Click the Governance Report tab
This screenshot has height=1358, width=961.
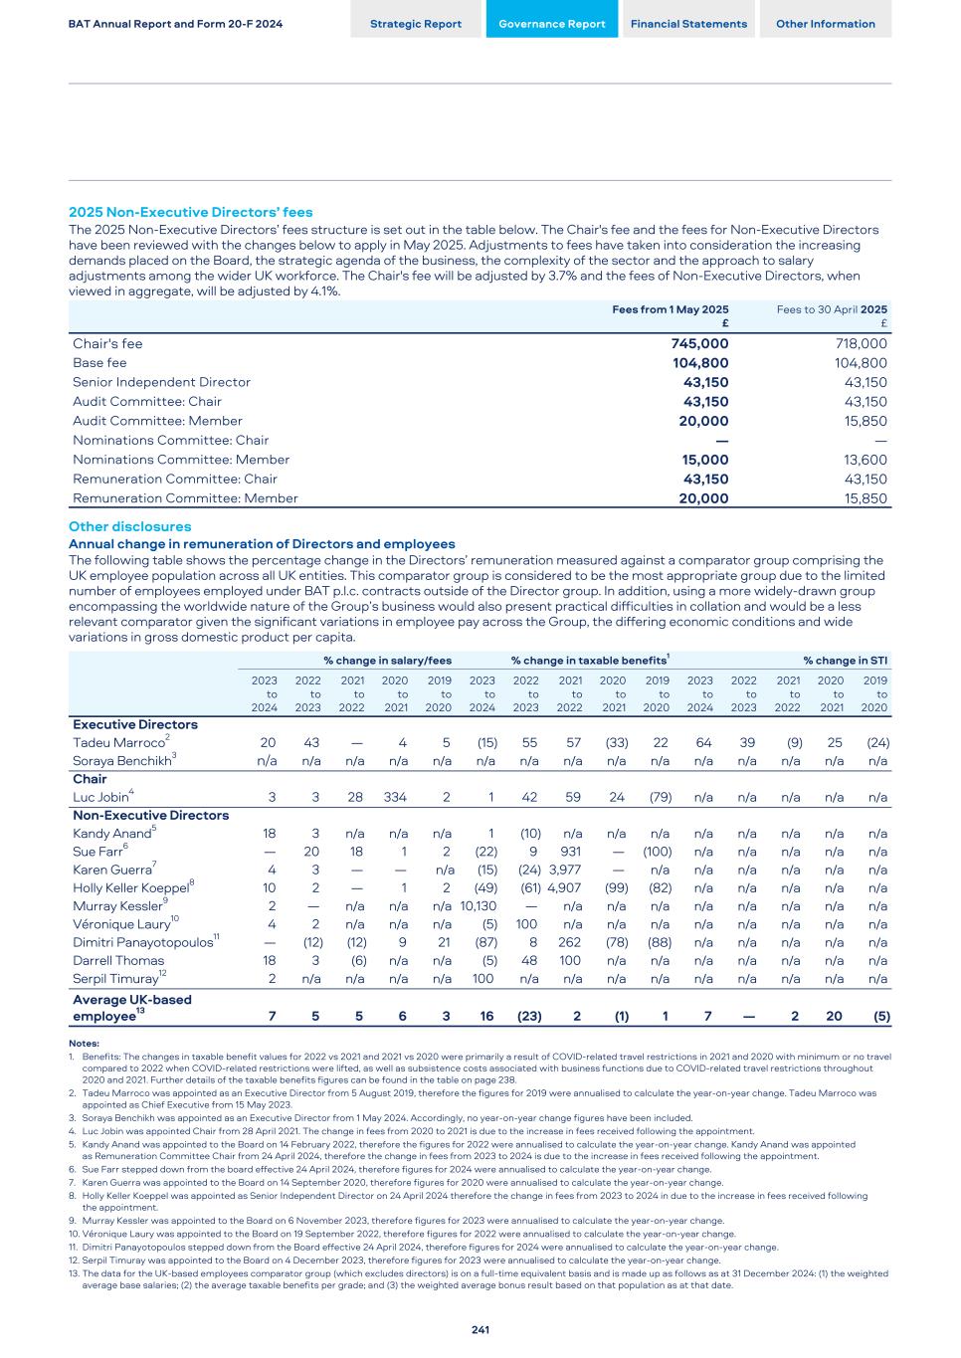click(x=551, y=24)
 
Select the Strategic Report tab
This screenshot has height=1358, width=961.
click(x=416, y=24)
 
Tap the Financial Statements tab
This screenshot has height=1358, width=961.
click(x=688, y=24)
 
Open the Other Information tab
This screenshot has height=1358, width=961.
click(x=826, y=24)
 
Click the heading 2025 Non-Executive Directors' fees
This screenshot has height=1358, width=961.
click(x=190, y=212)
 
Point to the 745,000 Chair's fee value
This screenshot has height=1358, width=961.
click(x=699, y=344)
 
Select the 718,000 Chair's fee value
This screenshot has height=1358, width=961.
click(x=861, y=344)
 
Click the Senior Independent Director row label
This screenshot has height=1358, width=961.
click(x=161, y=382)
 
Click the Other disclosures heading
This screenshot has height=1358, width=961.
click(x=129, y=526)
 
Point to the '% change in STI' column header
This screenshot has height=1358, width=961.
click(x=846, y=661)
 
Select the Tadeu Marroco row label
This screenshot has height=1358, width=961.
click(x=118, y=743)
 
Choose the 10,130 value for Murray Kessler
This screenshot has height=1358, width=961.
click(x=479, y=906)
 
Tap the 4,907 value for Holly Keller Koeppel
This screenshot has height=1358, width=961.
click(x=564, y=888)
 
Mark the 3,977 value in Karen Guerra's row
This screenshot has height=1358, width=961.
click(x=564, y=870)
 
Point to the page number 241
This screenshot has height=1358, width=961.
click(x=480, y=1329)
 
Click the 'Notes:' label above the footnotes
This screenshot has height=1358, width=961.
click(x=84, y=1043)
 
